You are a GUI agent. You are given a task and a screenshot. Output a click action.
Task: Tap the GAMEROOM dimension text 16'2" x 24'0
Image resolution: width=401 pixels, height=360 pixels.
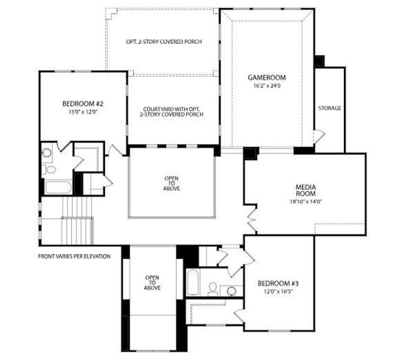click(x=267, y=86)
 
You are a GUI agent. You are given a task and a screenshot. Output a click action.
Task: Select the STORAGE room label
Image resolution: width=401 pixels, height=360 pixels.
click(x=330, y=108)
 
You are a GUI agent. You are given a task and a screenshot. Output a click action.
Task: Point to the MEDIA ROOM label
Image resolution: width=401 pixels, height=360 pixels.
click(x=306, y=190)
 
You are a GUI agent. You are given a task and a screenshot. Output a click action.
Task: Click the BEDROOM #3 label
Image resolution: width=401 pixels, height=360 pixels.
click(x=278, y=283)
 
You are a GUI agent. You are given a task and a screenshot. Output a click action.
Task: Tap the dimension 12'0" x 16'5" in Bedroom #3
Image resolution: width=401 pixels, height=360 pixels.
click(x=279, y=292)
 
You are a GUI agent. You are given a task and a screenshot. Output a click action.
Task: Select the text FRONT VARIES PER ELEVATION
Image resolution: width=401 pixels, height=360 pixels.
click(x=74, y=256)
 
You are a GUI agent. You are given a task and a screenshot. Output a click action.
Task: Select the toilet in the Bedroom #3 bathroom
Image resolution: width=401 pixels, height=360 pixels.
click(x=212, y=289)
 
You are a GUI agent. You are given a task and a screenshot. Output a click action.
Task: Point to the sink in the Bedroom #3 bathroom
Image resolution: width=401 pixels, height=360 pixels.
click(x=232, y=291)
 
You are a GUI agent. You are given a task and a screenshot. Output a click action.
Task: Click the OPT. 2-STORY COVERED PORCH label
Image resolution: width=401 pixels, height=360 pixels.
click(x=163, y=41)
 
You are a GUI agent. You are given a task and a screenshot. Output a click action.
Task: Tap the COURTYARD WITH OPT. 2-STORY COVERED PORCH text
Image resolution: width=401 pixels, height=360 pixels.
click(x=172, y=111)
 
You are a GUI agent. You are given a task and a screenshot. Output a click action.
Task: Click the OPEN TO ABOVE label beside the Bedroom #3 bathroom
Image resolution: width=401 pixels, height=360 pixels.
click(x=152, y=283)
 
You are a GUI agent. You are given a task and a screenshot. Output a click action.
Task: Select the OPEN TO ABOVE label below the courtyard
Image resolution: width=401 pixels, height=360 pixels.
click(x=172, y=184)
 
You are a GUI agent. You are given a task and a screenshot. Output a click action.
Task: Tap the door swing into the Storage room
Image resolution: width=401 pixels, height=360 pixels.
click(x=319, y=137)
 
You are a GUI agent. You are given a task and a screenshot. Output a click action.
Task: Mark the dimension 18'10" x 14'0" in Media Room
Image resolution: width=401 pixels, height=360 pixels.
click(x=306, y=202)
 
